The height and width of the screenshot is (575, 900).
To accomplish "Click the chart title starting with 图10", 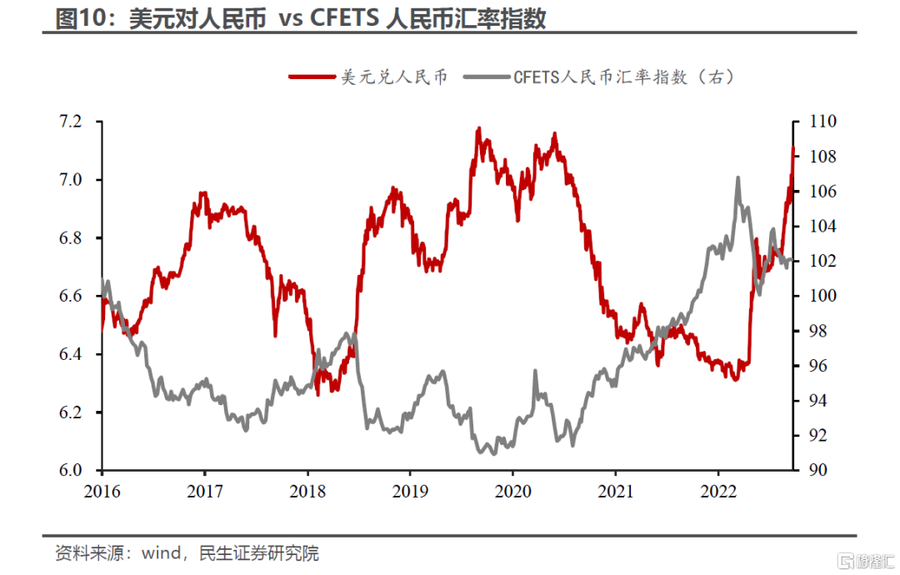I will [300, 18].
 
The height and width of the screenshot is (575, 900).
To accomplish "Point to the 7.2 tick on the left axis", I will [71, 122].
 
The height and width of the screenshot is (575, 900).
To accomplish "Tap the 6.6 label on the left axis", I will [71, 297].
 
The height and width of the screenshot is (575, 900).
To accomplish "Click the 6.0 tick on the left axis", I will [71, 471].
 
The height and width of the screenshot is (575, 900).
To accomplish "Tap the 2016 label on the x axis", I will [102, 492].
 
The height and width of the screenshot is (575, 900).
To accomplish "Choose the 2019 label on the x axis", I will [409, 492].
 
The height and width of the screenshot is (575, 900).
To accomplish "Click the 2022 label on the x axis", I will [717, 492].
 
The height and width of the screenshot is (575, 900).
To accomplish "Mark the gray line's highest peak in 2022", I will [737, 177].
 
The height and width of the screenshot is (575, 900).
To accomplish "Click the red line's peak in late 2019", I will [478, 128].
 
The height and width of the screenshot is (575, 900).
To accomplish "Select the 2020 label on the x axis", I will [512, 492].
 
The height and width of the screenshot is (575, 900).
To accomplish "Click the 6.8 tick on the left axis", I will [71, 238].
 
